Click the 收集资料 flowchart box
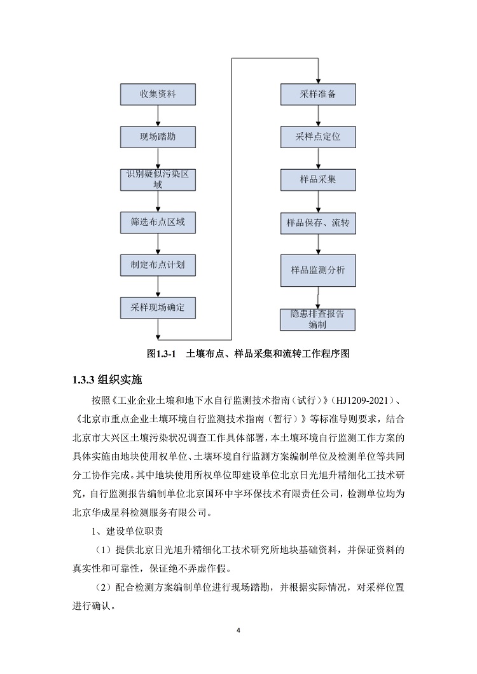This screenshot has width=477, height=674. click(x=158, y=94)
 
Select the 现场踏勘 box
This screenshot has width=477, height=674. click(x=158, y=137)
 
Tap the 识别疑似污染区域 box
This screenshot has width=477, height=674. click(x=158, y=180)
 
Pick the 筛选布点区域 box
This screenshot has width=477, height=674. click(x=158, y=223)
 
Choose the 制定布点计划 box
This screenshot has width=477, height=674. click(x=158, y=265)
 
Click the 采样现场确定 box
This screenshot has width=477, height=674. click(x=158, y=308)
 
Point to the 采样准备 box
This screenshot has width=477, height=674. click(x=318, y=94)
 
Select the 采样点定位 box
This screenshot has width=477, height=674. click(x=318, y=137)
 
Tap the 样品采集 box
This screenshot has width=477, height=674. click(x=318, y=180)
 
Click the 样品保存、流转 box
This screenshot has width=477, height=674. click(x=318, y=223)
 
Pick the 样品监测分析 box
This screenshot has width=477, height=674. click(x=318, y=270)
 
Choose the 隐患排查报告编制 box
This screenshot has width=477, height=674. click(x=318, y=319)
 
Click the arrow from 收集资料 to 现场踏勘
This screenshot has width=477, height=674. click(x=158, y=116)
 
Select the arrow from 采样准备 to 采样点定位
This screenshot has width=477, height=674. click(x=318, y=116)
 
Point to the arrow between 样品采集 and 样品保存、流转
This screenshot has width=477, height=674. click(x=318, y=202)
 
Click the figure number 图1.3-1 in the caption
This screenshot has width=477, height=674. click(x=162, y=354)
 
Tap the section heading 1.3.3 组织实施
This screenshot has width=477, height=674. click(x=107, y=380)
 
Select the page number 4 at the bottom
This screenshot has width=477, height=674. click(x=238, y=631)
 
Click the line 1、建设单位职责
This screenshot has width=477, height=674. click(x=127, y=532)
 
